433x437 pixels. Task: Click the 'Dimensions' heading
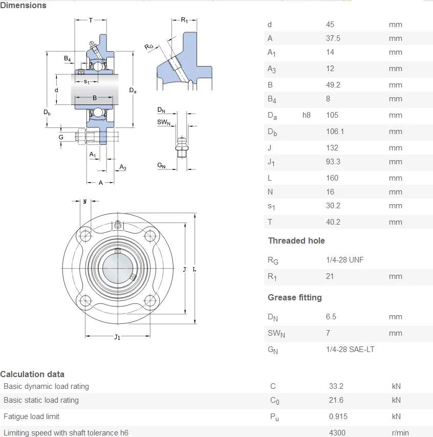click(x=23, y=5)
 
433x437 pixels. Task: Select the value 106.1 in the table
click(x=335, y=132)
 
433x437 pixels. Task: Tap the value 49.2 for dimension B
click(x=333, y=85)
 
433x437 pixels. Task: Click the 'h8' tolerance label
click(x=306, y=115)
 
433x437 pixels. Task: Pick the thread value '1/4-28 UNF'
click(x=344, y=260)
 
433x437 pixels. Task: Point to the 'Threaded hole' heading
click(x=296, y=241)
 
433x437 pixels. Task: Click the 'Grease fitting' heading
click(x=295, y=297)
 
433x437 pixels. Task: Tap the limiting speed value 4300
click(x=337, y=432)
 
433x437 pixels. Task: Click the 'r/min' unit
click(x=400, y=432)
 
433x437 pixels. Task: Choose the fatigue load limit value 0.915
click(x=338, y=417)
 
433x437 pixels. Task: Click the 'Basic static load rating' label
click(x=41, y=400)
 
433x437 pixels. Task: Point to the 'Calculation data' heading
click(x=32, y=374)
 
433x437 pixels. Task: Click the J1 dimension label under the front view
click(x=117, y=337)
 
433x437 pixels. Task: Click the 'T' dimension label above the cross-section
click(x=91, y=20)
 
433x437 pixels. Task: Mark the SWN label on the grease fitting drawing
click(x=163, y=122)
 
